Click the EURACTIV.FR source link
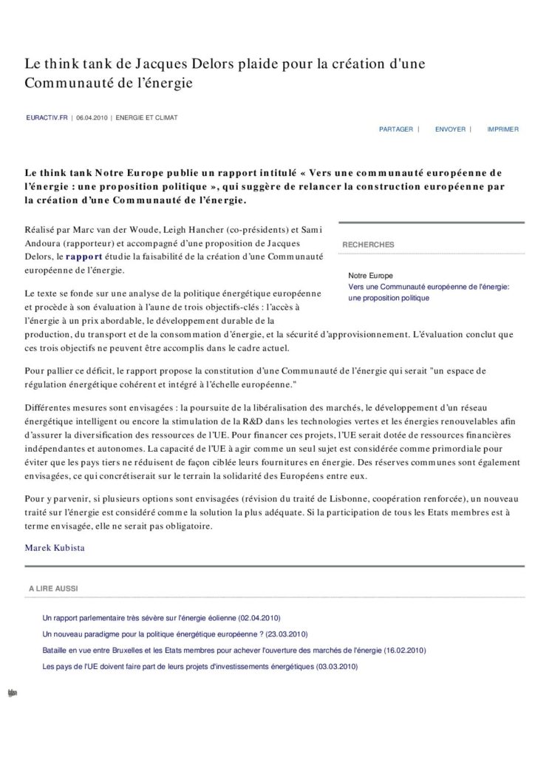coord(46,118)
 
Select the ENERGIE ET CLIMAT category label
coord(146,118)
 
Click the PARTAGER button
coord(396,129)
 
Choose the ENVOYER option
coord(450,129)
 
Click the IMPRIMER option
coord(502,129)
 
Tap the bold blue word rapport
coord(81,257)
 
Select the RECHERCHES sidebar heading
coord(368,245)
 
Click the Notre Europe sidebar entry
coord(370,276)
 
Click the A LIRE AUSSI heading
coord(54,588)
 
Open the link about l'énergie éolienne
coord(162,617)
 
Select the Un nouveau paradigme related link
coord(175,634)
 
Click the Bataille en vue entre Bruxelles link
coord(234,650)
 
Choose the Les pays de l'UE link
coord(200,666)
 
